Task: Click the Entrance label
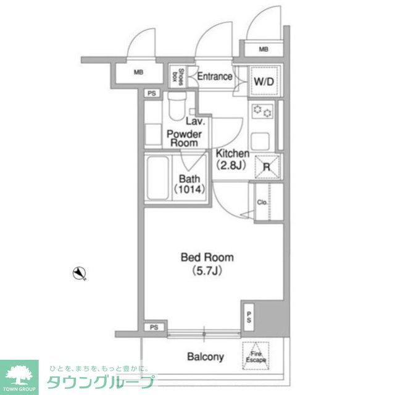coord(215,77)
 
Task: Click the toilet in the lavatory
coord(177,106)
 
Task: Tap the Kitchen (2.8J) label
coord(232,159)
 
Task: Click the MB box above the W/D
coord(264,49)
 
